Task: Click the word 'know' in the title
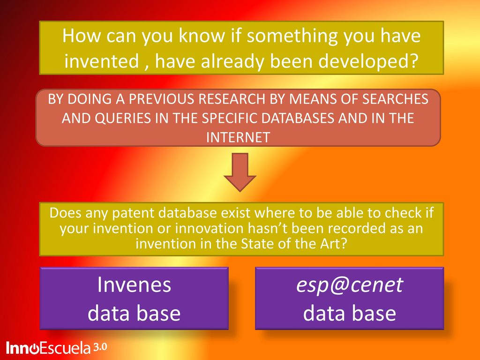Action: click(202, 35)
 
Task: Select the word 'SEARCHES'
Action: click(395, 99)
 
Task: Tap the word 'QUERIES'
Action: click(123, 118)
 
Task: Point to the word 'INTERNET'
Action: click(238, 137)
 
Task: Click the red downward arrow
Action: click(240, 172)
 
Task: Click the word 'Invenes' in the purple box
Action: click(134, 285)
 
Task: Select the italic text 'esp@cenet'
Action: click(350, 285)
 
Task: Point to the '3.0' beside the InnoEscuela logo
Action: click(100, 347)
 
